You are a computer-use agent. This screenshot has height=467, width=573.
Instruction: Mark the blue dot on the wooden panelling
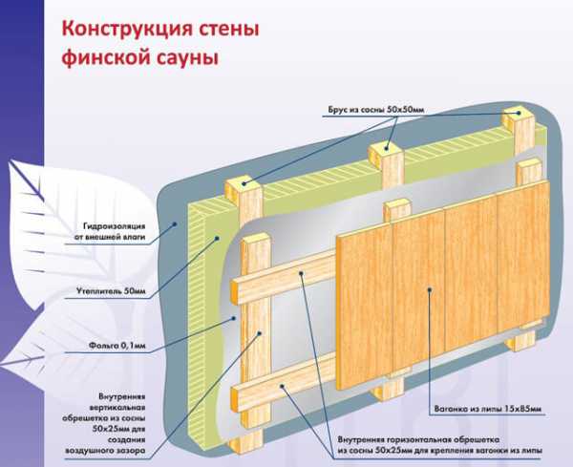429,287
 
